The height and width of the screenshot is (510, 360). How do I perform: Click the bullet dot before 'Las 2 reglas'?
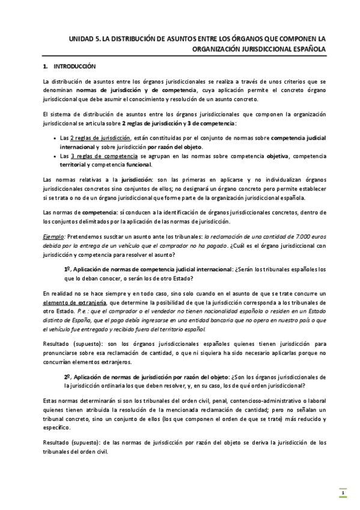pyautogui.click(x=55, y=138)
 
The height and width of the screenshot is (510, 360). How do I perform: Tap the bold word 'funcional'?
pyautogui.click(x=138, y=165)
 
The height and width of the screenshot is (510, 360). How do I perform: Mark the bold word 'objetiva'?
pyautogui.click(x=278, y=156)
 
